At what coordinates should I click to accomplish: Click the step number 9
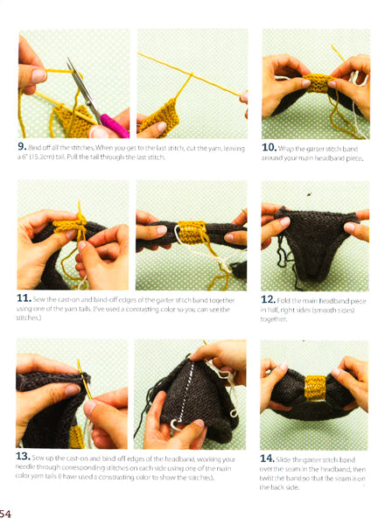[22, 147]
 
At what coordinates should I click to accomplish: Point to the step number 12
[270, 300]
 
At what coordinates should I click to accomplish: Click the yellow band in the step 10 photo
[318, 84]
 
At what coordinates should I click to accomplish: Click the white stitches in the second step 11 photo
[179, 234]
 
